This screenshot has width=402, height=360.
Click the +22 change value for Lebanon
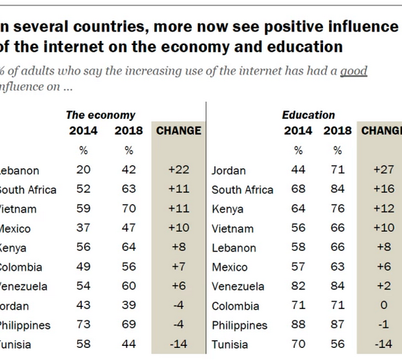click(178, 170)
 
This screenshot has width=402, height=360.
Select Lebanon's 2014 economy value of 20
click(83, 170)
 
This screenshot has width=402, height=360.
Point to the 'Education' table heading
click(308, 115)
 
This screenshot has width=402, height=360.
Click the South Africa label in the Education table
click(243, 190)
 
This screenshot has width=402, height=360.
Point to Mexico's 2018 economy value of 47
click(129, 229)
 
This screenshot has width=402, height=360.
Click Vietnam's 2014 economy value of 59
click(83, 209)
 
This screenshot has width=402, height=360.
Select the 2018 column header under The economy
click(129, 131)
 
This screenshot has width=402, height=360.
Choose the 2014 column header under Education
click(298, 131)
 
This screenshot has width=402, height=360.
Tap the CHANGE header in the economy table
click(178, 131)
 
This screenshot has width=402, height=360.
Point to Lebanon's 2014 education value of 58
click(298, 248)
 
